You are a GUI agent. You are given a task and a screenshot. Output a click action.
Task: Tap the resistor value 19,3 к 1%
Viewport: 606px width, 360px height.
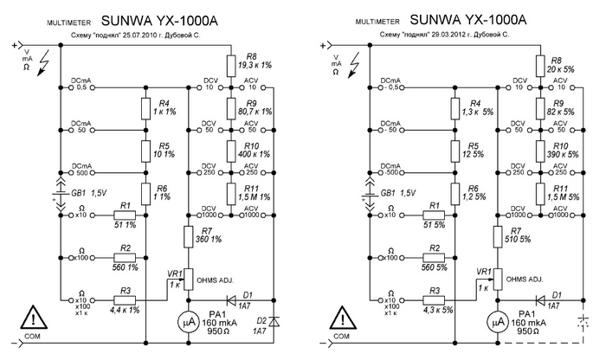pyautogui.click(x=252, y=66)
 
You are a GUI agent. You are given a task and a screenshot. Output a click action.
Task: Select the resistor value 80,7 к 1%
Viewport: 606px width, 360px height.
pyautogui.click(x=253, y=112)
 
